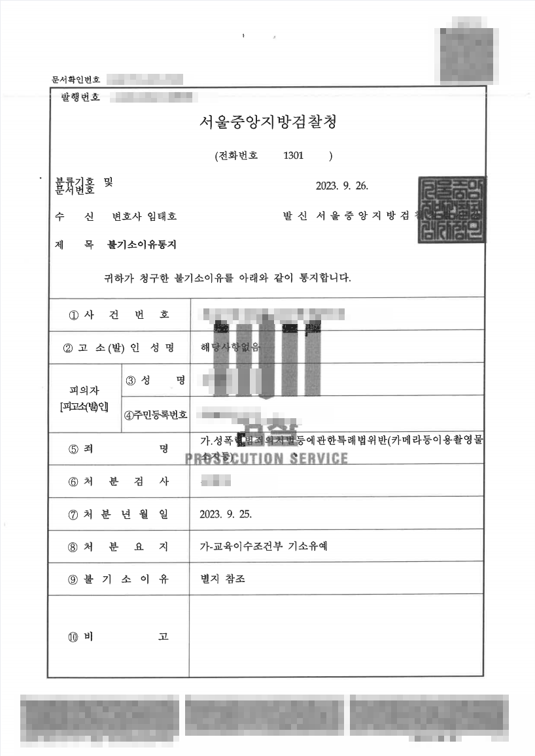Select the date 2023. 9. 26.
[x=342, y=185]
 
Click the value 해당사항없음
[x=230, y=348]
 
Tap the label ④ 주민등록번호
[x=156, y=414]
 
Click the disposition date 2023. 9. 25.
[x=226, y=514]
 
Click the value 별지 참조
[x=223, y=579]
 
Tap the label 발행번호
[x=80, y=97]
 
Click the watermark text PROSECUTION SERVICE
[x=267, y=457]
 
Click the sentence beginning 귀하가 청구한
[x=223, y=277]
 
